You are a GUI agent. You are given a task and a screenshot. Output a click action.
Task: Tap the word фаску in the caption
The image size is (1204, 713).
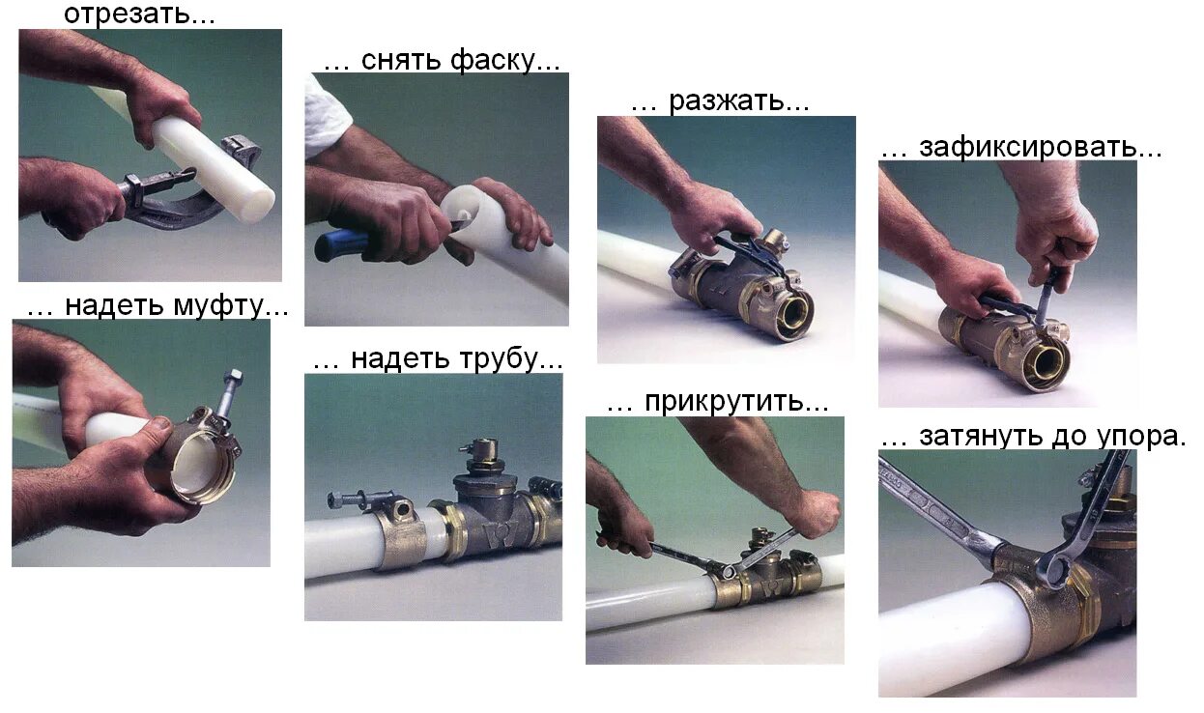coord(493,60)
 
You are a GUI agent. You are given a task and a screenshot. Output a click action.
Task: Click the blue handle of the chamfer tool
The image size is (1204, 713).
coord(341,245)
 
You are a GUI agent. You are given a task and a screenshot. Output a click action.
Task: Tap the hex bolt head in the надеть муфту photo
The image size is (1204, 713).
coord(235,377)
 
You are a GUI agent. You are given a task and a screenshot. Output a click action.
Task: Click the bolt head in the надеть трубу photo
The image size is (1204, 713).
coord(335,500)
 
